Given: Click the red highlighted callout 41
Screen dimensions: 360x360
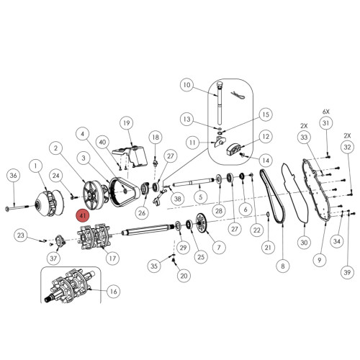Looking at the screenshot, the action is [x=83, y=215].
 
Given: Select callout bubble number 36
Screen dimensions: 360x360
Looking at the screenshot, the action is [x=14, y=176].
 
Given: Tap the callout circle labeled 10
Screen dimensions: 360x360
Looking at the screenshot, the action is [x=186, y=85].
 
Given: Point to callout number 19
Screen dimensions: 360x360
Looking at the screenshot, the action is [x=127, y=123].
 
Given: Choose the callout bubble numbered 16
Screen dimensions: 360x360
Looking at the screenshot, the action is [x=113, y=292].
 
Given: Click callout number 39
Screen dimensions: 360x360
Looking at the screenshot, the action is [x=347, y=272].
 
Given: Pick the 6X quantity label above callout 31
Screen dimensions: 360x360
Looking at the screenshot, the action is [x=326, y=112].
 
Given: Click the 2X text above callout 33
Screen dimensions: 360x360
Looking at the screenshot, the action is [x=304, y=125].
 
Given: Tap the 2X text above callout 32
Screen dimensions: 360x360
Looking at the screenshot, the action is [x=347, y=135].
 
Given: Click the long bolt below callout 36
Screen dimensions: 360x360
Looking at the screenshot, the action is [x=17, y=207].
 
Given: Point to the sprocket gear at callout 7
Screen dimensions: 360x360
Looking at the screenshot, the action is [x=201, y=222].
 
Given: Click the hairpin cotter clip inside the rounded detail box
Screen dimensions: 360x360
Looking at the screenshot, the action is [x=238, y=95].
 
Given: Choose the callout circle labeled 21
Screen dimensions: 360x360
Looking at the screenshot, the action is [x=268, y=247].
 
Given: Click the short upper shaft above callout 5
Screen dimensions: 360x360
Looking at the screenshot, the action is [x=193, y=183].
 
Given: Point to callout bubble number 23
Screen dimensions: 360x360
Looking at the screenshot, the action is [x=21, y=235].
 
